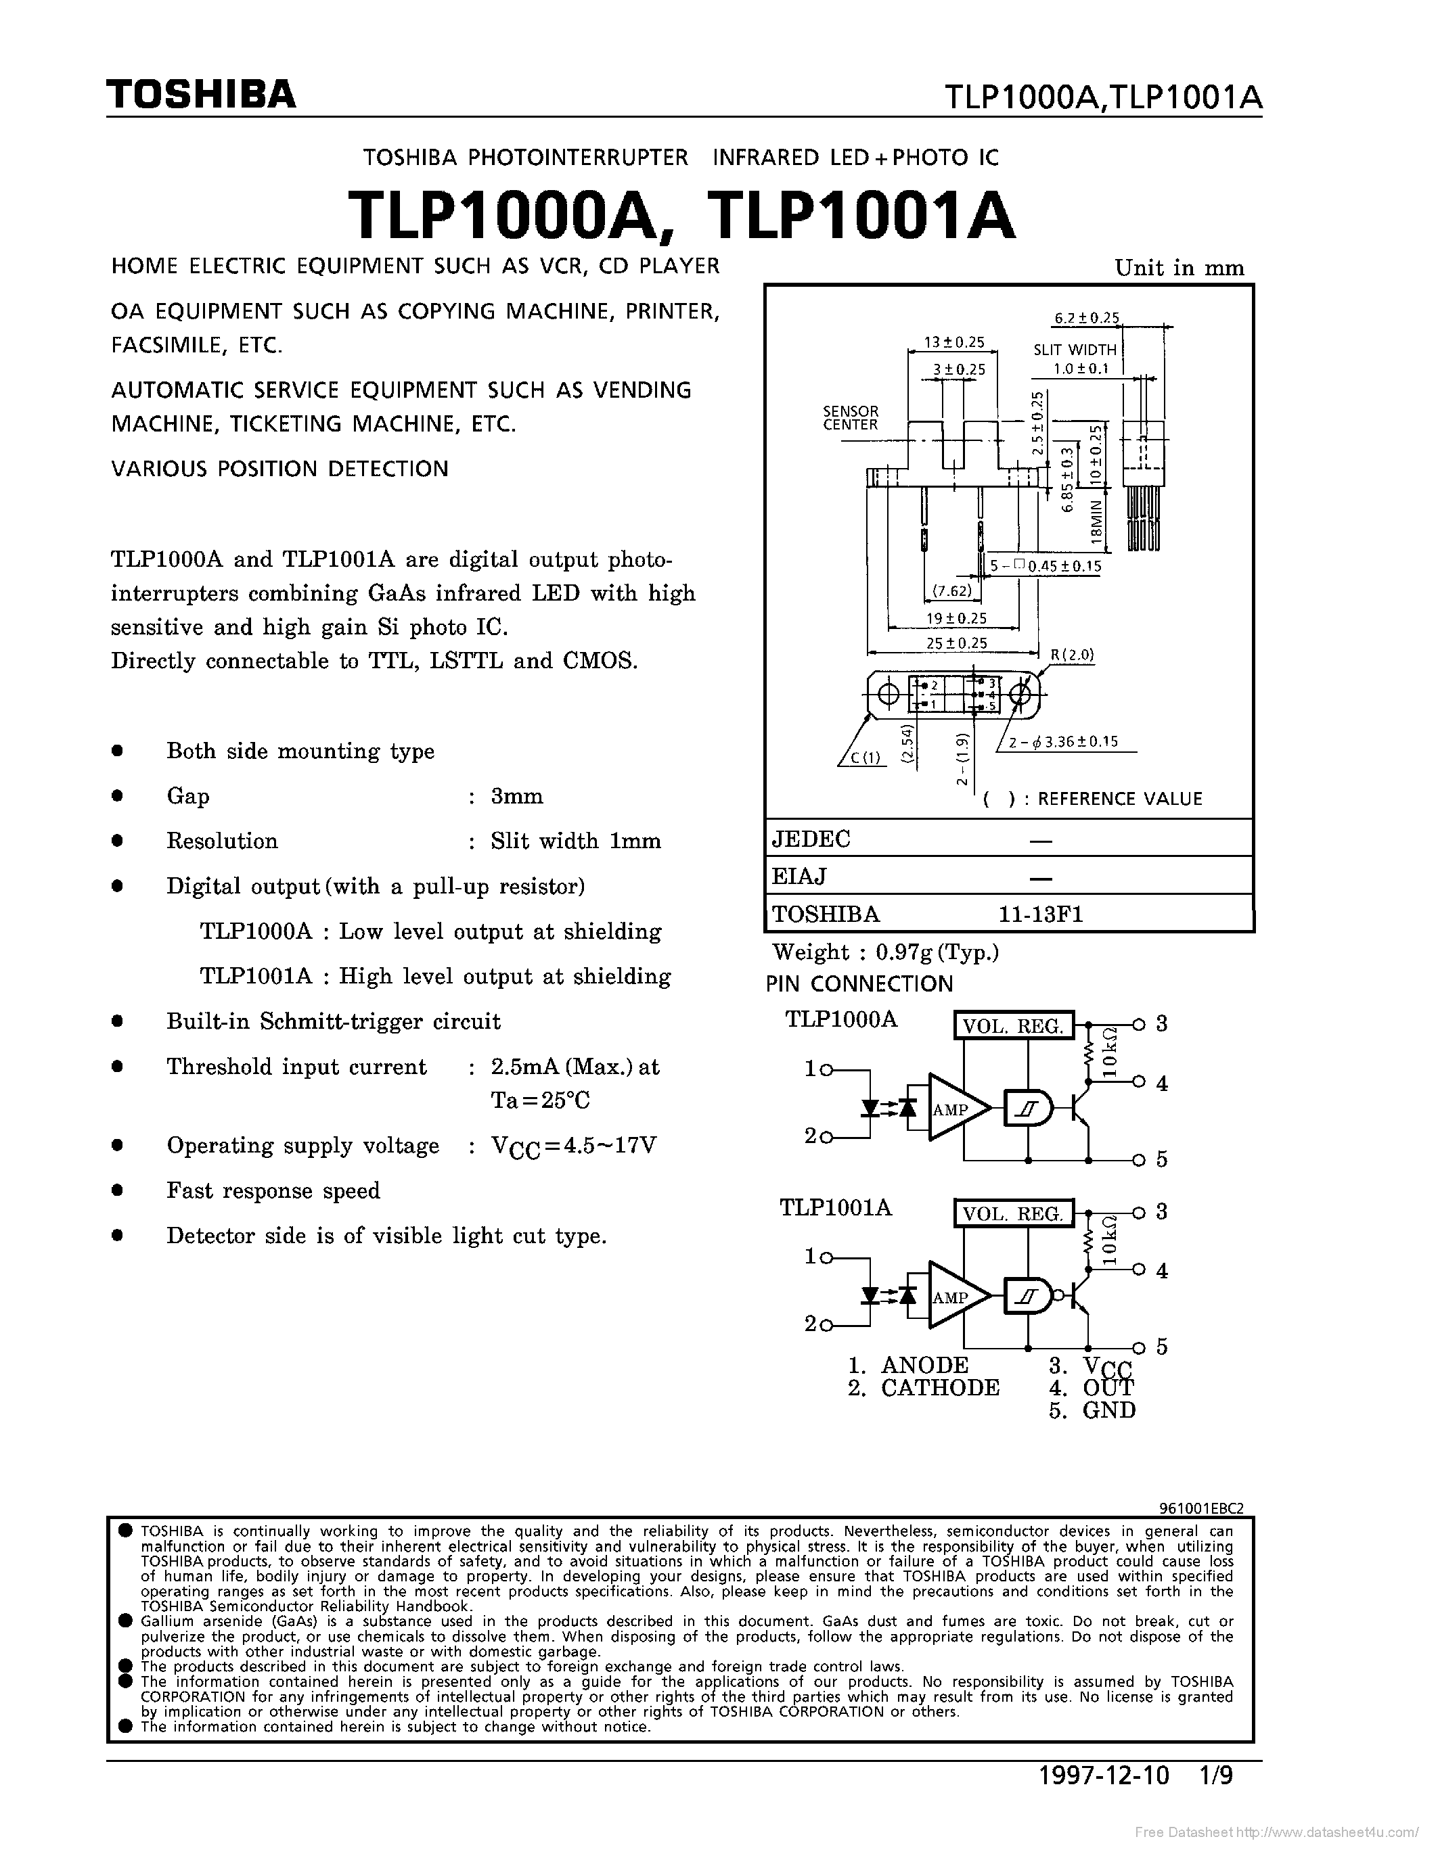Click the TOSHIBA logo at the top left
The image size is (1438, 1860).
201,95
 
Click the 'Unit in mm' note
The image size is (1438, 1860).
1179,269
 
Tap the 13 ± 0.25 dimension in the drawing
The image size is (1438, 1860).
953,342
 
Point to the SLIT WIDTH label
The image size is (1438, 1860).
1074,349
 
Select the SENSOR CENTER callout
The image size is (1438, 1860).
850,418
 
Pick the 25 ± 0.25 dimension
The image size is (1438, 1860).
956,643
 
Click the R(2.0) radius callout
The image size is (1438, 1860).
1072,654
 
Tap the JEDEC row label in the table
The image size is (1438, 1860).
811,839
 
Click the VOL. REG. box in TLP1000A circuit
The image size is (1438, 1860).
1013,1025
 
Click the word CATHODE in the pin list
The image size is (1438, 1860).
940,1387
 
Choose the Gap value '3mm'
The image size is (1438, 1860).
516,796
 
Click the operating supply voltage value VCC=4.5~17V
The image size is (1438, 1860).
573,1146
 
